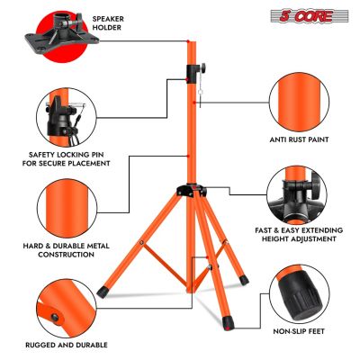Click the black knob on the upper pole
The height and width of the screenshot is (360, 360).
pos(193,72)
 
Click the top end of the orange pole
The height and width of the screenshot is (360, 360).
pos(190,41)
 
